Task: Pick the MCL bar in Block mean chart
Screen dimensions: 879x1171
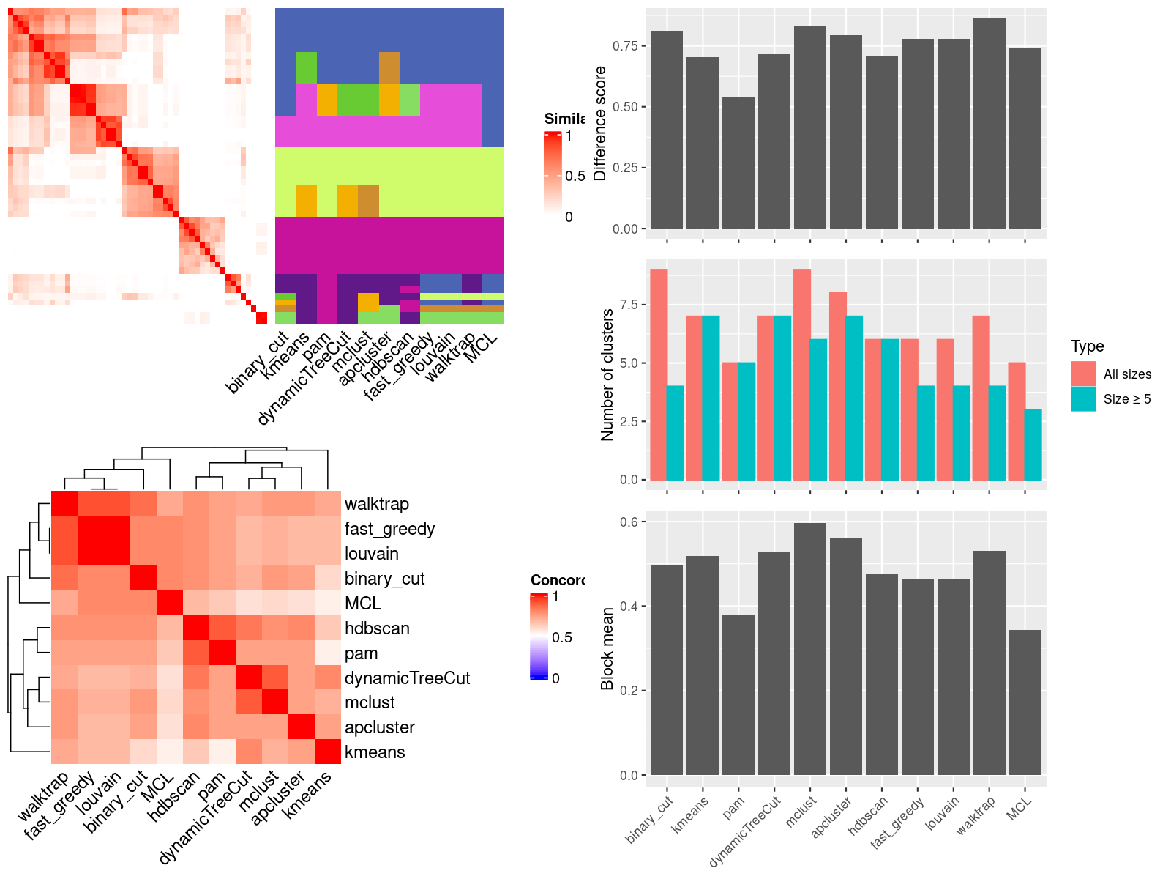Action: (1025, 702)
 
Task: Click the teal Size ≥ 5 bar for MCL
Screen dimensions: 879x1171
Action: (1033, 445)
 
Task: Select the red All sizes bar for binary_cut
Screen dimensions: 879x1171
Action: (659, 374)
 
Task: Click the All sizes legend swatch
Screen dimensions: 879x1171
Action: (1083, 374)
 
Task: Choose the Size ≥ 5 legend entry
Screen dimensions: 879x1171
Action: (1127, 399)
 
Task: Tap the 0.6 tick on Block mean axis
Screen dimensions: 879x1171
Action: (628, 522)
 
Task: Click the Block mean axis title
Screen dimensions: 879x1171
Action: (607, 649)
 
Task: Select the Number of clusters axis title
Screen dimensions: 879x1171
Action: (607, 374)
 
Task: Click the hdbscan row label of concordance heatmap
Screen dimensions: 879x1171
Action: (377, 628)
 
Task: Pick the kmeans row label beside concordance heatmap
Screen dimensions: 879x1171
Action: (375, 752)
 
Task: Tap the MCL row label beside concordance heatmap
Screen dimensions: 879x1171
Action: (363, 604)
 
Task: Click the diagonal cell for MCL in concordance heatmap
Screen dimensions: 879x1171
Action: (169, 604)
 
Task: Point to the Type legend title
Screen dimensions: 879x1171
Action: (1087, 346)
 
